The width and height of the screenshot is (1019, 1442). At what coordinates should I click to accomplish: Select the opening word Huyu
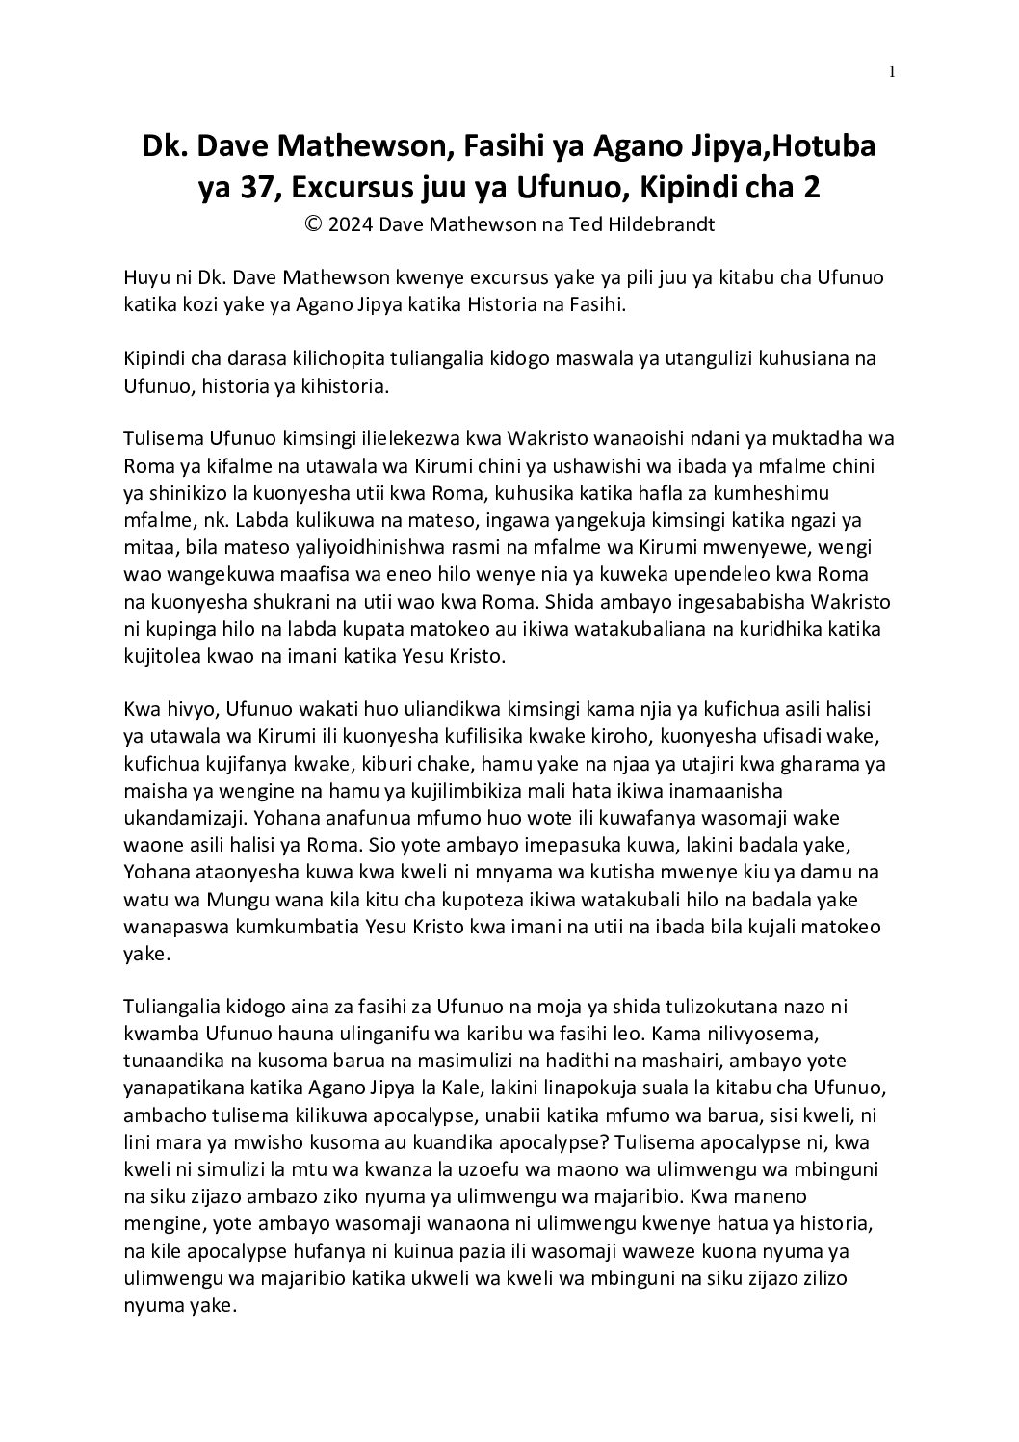144,278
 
